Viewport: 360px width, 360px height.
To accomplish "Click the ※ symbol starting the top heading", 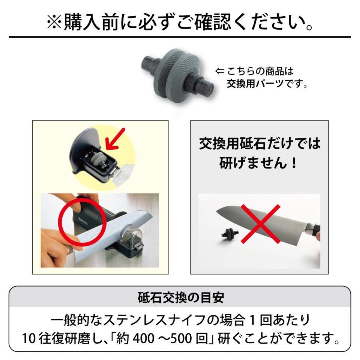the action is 54,22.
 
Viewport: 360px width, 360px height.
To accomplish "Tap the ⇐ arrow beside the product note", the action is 219,71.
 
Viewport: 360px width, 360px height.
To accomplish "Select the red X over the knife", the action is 260,224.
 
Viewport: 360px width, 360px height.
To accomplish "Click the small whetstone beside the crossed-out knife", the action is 230,234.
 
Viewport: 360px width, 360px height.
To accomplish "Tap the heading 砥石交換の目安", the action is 181,297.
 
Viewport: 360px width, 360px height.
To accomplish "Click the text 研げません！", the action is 258,163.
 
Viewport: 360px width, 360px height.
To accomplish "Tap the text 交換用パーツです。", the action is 267,84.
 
